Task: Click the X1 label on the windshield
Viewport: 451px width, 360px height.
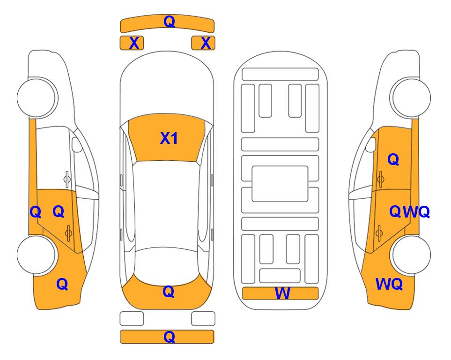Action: coord(169,138)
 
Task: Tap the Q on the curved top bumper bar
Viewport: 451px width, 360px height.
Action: coord(170,21)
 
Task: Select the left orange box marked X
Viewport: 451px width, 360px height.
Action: coord(132,43)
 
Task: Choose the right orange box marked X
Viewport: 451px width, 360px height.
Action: coord(203,43)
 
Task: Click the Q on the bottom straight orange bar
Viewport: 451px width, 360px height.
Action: coord(170,337)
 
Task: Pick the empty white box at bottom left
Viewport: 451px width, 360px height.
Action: coord(132,319)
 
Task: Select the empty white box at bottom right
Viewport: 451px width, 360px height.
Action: coord(203,319)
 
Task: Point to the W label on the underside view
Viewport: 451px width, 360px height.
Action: coord(282,293)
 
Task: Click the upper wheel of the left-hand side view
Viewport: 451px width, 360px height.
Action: coord(36,97)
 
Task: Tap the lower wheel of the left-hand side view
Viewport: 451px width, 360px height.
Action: coord(36,255)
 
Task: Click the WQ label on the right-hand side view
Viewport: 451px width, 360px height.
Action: coord(389,284)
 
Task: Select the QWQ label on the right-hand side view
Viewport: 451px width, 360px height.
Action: coord(410,212)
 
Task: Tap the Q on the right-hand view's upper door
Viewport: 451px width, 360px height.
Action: coord(393,159)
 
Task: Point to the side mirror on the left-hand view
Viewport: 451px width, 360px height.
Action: coord(76,144)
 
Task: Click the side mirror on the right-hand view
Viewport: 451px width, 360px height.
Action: coord(370,144)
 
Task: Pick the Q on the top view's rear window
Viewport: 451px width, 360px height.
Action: coord(169,292)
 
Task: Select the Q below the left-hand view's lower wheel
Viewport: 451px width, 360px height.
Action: coord(62,284)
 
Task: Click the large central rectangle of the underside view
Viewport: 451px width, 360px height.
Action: coord(280,184)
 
